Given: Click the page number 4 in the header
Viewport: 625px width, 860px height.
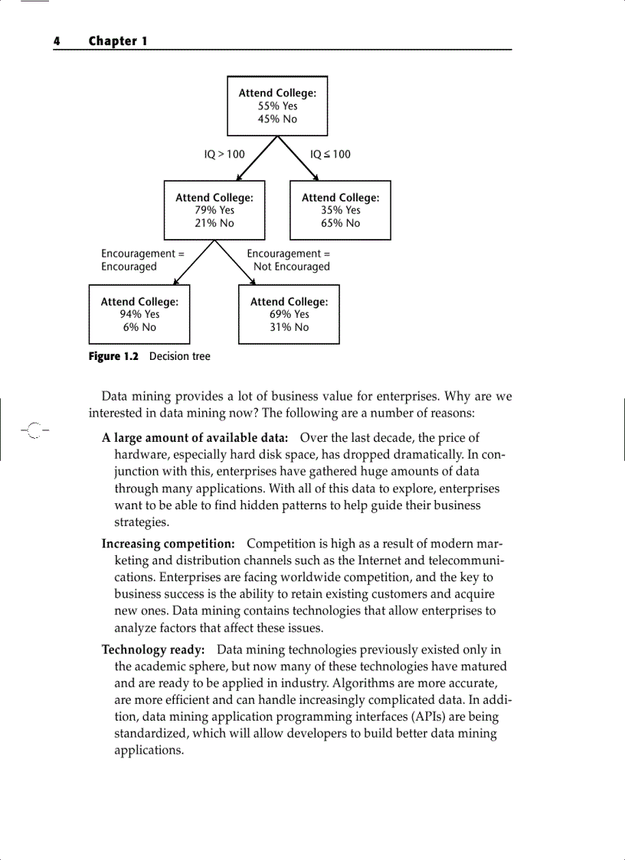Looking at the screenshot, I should [56, 41].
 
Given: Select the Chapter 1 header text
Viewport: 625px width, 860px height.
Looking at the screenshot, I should [118, 41].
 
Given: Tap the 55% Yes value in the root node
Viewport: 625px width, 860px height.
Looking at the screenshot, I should [277, 106].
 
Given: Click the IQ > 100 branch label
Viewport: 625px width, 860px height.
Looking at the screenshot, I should [224, 154].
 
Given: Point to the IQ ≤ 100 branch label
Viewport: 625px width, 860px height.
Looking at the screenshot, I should [330, 154].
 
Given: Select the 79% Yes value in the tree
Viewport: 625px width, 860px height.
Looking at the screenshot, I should [214, 210].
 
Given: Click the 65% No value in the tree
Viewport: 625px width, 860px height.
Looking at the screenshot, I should [340, 223].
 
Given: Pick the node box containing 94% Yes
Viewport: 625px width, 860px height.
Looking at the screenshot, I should [139, 314].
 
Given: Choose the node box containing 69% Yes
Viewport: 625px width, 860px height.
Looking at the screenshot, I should [289, 314].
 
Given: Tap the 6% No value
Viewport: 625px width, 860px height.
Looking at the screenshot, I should [139, 327].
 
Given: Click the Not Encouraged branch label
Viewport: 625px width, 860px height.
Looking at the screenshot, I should [291, 267].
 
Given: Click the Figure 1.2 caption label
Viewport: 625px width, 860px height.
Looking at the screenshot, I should [114, 356].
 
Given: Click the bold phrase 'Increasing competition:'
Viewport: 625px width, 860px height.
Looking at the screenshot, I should [169, 544].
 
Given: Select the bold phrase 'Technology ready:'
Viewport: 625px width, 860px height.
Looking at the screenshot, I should [153, 649].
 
